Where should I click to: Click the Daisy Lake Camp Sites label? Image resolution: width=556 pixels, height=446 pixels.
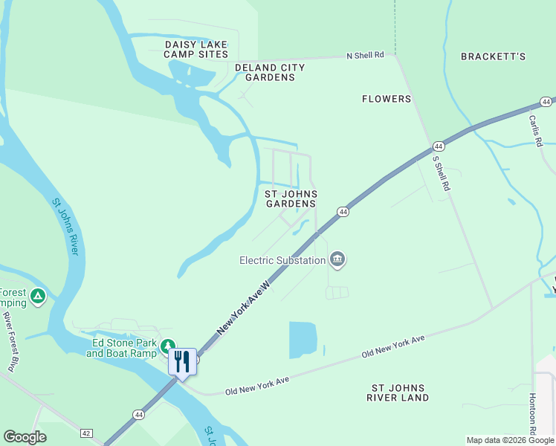195,50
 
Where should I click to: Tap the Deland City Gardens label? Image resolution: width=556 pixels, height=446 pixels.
270,72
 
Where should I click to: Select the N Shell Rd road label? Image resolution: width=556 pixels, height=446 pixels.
366,55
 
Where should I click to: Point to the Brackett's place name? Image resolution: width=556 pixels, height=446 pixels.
493,56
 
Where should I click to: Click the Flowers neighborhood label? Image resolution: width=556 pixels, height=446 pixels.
387,99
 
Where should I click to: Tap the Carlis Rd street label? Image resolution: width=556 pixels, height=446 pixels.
537,129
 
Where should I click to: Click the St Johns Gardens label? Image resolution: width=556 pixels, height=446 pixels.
291,198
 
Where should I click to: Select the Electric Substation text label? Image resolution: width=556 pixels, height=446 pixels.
282,260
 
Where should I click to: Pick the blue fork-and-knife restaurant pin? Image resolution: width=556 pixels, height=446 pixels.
182,362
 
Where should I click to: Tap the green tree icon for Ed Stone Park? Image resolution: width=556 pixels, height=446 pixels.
168,345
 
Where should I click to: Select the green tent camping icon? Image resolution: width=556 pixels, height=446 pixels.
38,297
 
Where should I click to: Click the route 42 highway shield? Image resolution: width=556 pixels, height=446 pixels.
87,433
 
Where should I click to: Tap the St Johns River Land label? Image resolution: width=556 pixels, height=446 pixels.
398,392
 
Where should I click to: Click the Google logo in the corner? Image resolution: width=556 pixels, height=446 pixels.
25,437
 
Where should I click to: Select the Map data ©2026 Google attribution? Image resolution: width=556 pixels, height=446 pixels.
510,440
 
